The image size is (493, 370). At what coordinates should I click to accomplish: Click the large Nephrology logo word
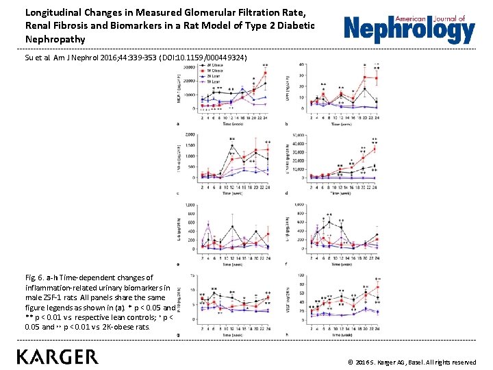point(409,31)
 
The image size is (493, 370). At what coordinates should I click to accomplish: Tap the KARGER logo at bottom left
point(58,357)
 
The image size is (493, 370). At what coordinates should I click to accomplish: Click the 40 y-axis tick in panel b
point(302,64)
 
